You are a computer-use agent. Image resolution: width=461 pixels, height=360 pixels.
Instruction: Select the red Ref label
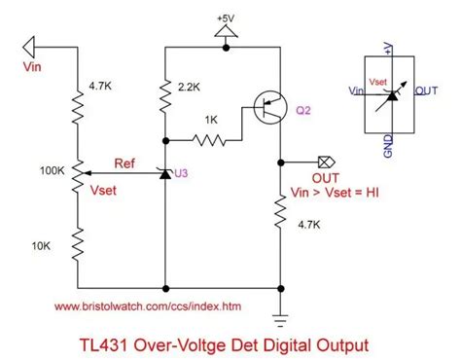pos(125,162)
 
